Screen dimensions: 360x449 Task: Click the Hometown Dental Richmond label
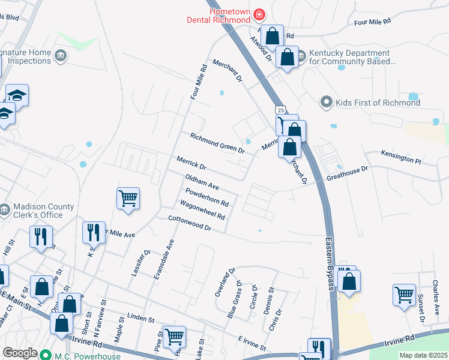click(x=229, y=17)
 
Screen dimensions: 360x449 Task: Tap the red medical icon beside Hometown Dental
click(x=259, y=13)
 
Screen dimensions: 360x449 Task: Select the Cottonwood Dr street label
click(x=190, y=223)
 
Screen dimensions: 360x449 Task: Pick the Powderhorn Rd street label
click(x=207, y=198)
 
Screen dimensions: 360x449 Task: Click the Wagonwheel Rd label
click(x=202, y=211)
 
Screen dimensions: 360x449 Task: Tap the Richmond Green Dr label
click(x=217, y=143)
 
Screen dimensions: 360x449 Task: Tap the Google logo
click(x=20, y=352)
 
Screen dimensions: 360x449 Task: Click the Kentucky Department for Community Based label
click(x=352, y=57)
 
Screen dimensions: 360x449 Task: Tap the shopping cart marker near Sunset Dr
click(x=404, y=295)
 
